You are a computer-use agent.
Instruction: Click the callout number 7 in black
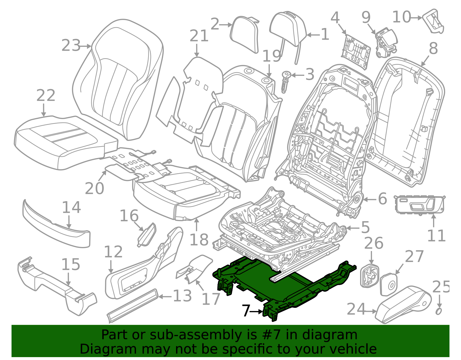point(245,311)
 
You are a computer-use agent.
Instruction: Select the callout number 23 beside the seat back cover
point(71,46)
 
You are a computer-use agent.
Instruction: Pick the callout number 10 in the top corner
point(401,17)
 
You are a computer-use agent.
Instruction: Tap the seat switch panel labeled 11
point(419,205)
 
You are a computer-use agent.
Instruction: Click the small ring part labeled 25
point(439,312)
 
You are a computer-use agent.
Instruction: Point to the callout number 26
point(373,244)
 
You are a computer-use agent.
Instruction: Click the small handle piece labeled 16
point(147,234)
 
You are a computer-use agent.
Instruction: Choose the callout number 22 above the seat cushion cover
point(46,95)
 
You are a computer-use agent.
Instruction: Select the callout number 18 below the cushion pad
point(199,240)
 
